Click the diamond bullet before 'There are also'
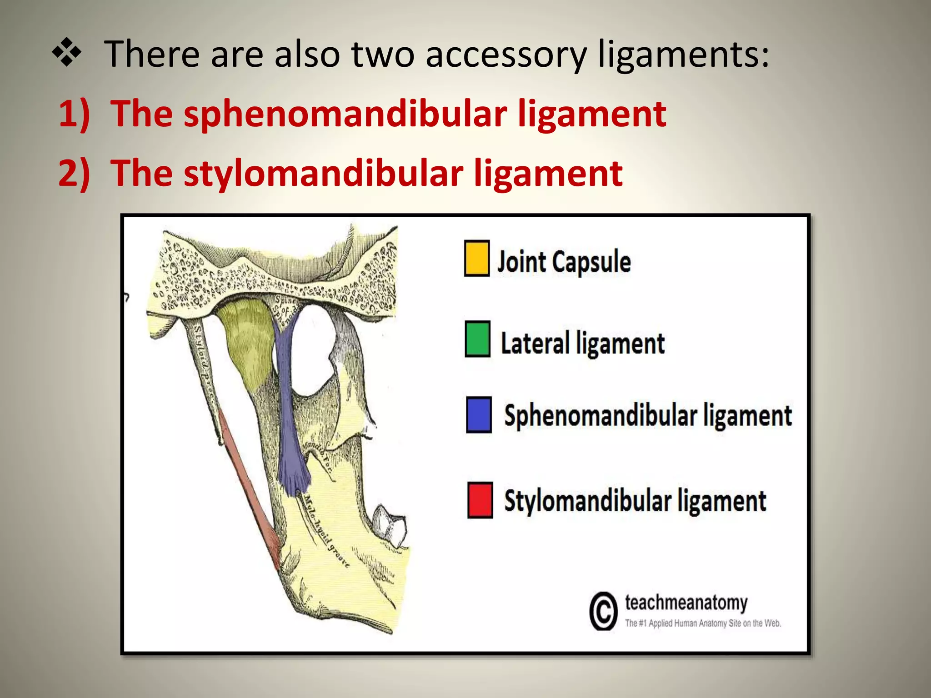(x=67, y=54)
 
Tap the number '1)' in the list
(x=74, y=114)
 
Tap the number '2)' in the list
(x=74, y=173)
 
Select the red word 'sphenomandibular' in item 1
(x=345, y=114)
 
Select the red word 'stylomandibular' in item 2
(x=323, y=173)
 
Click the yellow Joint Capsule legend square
(x=476, y=259)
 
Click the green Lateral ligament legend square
(x=477, y=339)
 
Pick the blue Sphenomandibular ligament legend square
(x=479, y=414)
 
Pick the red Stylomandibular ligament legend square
(x=480, y=500)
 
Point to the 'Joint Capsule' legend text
(x=564, y=262)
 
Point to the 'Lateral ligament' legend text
(x=582, y=343)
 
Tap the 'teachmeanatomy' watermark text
(x=686, y=603)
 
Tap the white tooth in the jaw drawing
(x=390, y=525)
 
